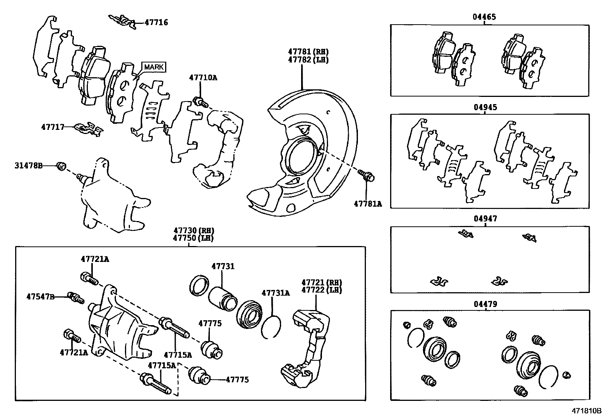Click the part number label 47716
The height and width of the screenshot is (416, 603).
(x=156, y=23)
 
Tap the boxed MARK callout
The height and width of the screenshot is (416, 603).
(x=154, y=67)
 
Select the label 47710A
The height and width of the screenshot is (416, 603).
(x=203, y=78)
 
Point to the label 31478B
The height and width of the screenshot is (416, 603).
(x=29, y=165)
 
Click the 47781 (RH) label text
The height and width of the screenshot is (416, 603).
(x=308, y=51)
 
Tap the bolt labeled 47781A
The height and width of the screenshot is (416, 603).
(x=366, y=176)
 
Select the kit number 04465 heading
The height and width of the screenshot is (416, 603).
(x=484, y=17)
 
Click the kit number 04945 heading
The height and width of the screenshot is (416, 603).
(x=485, y=108)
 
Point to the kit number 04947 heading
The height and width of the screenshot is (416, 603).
(x=485, y=219)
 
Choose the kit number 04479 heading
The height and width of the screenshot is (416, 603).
(x=485, y=304)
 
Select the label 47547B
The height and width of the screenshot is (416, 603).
(x=41, y=296)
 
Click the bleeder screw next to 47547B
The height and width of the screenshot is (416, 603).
(x=75, y=298)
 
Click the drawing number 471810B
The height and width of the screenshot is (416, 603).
(x=586, y=410)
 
